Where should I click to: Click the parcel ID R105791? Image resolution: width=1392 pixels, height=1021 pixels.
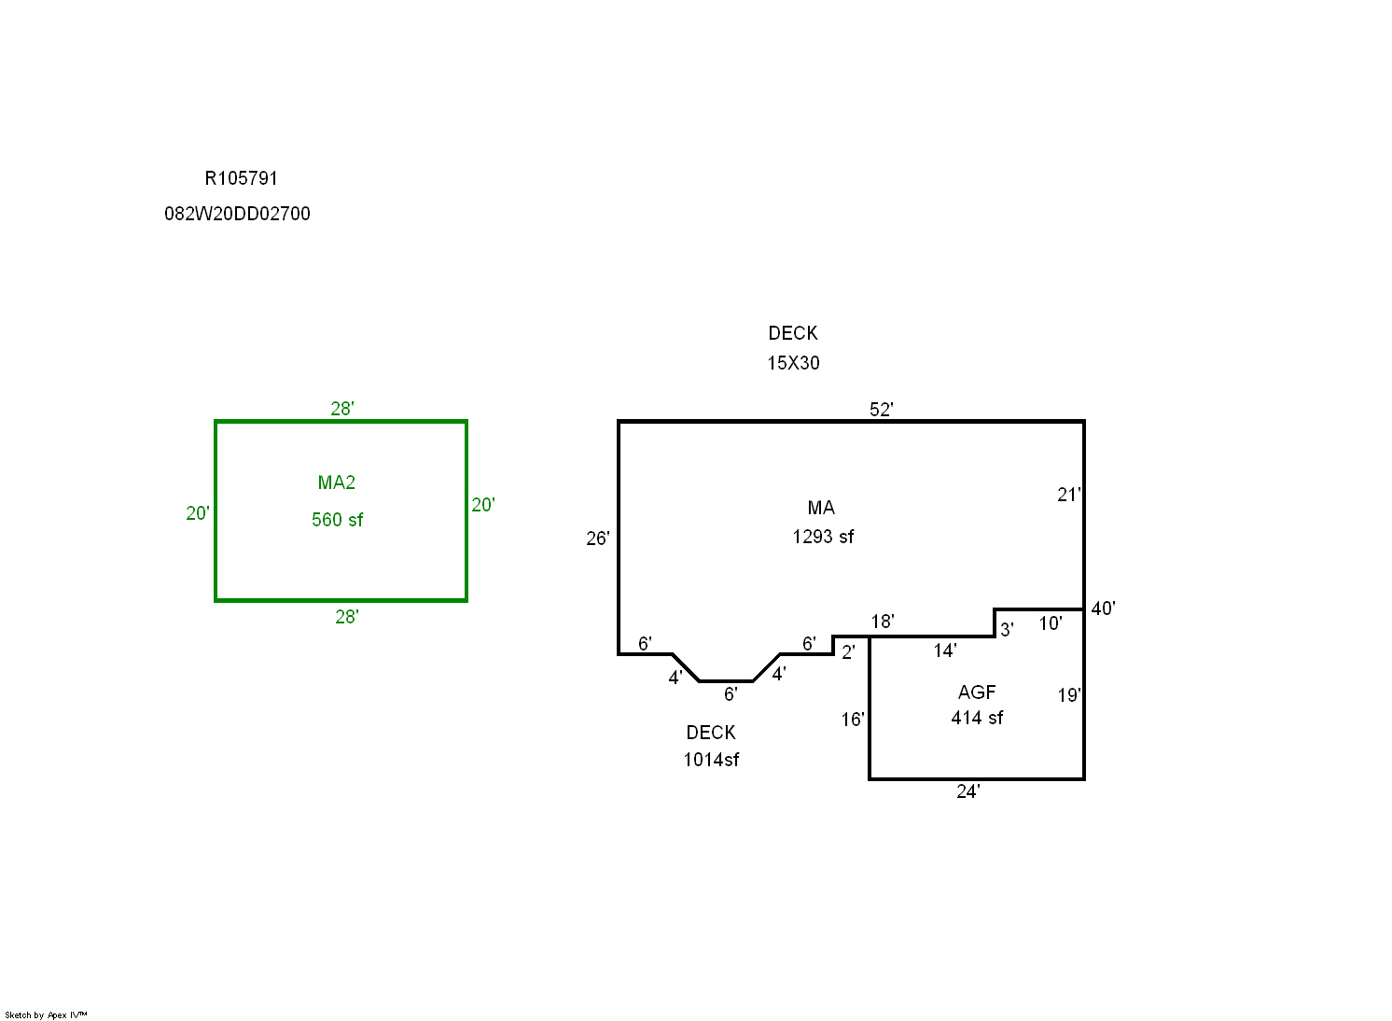(241, 178)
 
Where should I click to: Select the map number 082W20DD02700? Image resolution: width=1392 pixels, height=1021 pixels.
(237, 214)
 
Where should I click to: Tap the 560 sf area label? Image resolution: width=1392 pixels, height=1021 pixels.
(337, 520)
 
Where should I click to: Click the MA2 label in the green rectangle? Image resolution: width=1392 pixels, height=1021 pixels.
(336, 483)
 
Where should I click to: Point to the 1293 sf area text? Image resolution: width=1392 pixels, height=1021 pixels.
(823, 537)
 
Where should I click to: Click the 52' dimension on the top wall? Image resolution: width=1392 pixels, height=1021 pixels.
(881, 409)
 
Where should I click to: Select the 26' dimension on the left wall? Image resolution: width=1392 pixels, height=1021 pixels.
(598, 538)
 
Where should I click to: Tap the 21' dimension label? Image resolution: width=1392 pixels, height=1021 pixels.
(1069, 495)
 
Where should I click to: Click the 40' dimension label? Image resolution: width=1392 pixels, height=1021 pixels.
(1103, 608)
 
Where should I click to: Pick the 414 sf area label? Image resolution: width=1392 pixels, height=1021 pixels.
(977, 719)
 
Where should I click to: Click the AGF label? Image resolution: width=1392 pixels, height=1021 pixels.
(977, 692)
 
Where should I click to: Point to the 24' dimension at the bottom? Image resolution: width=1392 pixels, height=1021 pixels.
(968, 791)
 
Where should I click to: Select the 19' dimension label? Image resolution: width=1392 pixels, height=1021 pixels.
(1069, 695)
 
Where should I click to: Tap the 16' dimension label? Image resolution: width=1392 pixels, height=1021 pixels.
(853, 720)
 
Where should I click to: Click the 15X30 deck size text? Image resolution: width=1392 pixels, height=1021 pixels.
(794, 363)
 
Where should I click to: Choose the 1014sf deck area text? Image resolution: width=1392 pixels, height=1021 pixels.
(711, 760)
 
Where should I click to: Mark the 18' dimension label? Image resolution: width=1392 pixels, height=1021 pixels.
(883, 622)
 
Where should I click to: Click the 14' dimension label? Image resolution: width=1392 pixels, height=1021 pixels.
(944, 651)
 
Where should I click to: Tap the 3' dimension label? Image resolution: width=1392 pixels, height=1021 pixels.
(1007, 630)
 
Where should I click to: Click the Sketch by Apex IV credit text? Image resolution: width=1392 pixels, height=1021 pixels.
(46, 1015)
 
